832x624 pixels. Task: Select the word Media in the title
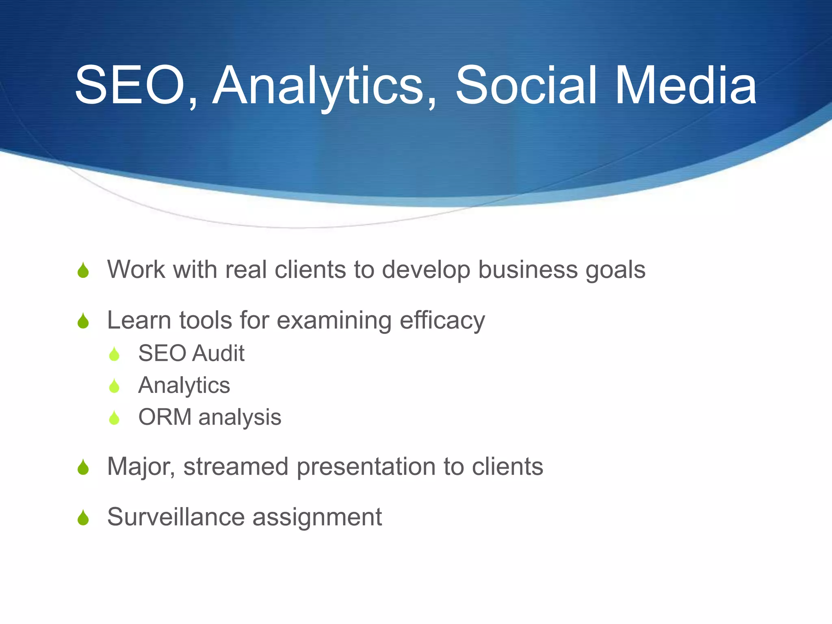[x=686, y=86]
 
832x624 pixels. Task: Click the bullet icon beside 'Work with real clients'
[x=83, y=271]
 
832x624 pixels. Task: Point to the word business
[x=527, y=270]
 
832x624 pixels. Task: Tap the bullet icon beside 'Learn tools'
[x=83, y=321]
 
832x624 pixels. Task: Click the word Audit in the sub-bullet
[x=218, y=353]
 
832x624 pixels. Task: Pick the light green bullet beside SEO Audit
[x=115, y=354]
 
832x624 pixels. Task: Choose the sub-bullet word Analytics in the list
[x=184, y=386]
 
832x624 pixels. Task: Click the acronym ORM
[x=165, y=417]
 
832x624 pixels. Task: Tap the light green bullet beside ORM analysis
[x=115, y=418]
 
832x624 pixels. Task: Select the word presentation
[x=366, y=467]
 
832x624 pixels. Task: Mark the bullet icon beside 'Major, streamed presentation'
[x=83, y=468]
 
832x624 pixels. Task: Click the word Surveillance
[x=176, y=517]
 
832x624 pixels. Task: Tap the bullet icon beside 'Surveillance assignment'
[x=83, y=518]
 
